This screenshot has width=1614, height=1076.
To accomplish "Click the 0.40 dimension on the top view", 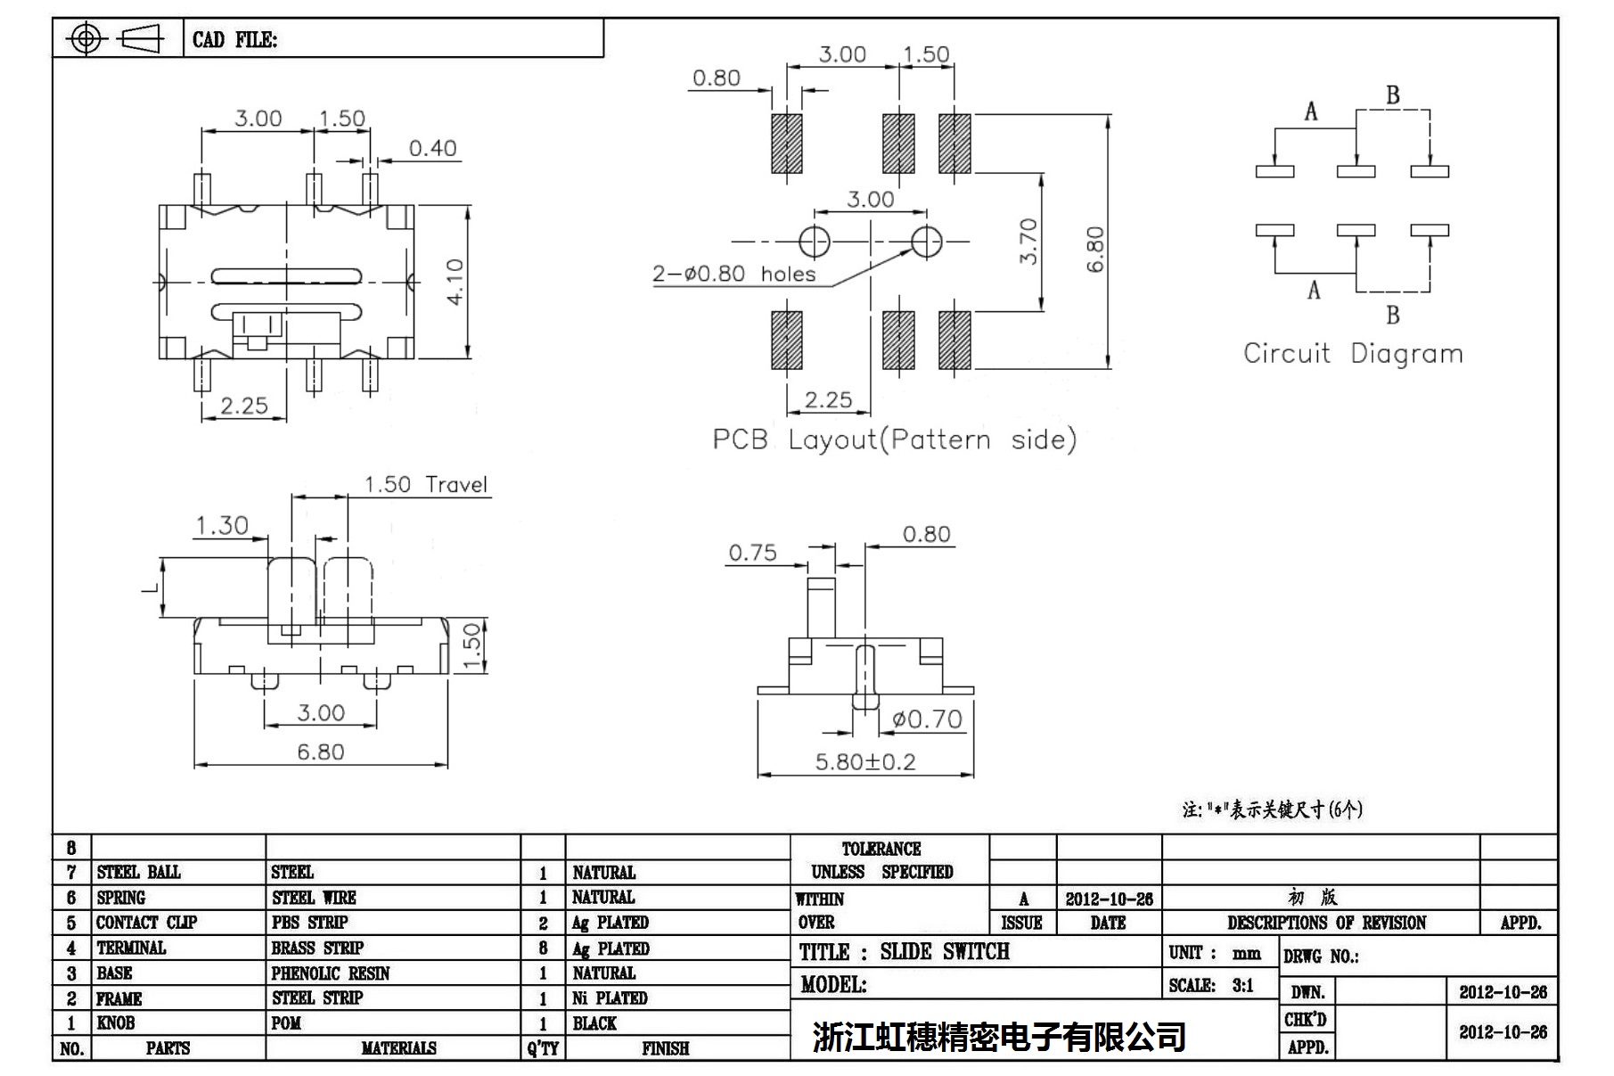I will click(432, 148).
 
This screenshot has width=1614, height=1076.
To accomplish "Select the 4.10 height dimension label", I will click(455, 282).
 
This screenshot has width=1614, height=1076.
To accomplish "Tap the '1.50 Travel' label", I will click(426, 485).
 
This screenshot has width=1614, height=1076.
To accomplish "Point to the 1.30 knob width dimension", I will click(222, 525).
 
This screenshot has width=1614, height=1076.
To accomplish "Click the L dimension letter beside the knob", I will click(151, 587).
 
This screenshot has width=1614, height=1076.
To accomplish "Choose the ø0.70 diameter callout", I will click(927, 719).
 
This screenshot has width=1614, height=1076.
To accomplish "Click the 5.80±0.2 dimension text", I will click(864, 762).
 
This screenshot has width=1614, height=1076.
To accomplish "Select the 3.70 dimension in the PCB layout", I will click(1028, 241).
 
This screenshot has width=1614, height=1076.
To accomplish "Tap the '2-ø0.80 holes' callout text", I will click(733, 274).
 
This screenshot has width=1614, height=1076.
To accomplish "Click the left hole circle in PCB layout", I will click(814, 241).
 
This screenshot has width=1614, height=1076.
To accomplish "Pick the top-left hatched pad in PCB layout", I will click(787, 143).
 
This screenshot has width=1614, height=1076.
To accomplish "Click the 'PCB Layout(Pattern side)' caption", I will click(894, 439).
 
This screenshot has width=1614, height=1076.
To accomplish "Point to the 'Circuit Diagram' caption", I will click(1353, 354).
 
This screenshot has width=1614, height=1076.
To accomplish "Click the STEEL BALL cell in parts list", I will click(139, 872).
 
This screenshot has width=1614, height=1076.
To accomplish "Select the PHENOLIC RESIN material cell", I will click(331, 973).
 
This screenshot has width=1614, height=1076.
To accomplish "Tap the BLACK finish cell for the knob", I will click(594, 1023).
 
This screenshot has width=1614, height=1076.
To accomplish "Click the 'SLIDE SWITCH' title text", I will click(945, 952).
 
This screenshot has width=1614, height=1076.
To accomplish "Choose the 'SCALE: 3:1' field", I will click(1211, 985).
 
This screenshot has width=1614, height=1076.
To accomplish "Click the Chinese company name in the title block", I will click(998, 1036).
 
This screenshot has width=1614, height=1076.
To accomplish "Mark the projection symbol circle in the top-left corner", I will click(86, 38).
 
